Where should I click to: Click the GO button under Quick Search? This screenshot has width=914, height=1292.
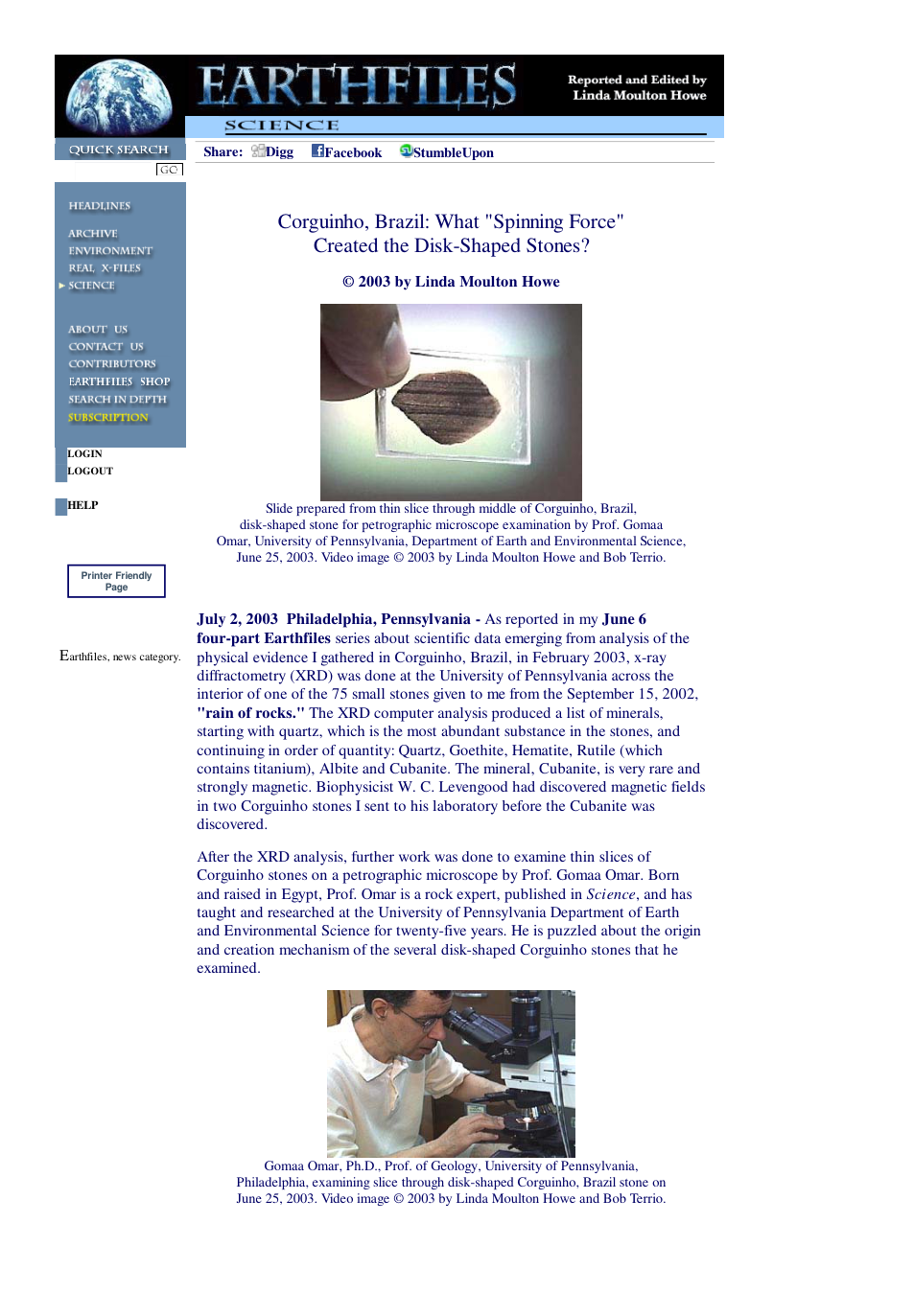[169, 170]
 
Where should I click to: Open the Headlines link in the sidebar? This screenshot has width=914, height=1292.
[100, 206]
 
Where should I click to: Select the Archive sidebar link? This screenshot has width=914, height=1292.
[93, 234]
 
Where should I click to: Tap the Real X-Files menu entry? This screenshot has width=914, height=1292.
[105, 268]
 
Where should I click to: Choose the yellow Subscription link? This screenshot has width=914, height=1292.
[108, 417]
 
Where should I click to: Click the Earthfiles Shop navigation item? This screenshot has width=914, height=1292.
[120, 381]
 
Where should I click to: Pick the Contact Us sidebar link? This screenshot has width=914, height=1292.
[106, 347]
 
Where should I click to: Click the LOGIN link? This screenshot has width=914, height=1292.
[84, 454]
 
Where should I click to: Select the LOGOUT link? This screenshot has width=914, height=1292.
[90, 472]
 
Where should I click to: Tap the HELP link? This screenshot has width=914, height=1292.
[82, 505]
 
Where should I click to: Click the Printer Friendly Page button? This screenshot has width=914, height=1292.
[117, 581]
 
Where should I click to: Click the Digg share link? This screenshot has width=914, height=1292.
[273, 151]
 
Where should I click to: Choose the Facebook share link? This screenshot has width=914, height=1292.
[347, 151]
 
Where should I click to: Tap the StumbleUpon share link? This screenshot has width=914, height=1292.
[447, 151]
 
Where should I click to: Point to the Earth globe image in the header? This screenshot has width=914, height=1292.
[119, 96]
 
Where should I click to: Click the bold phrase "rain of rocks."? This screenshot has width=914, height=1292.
[250, 713]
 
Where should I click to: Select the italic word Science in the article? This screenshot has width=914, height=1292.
[611, 894]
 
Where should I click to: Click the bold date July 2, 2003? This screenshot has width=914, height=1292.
[237, 619]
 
